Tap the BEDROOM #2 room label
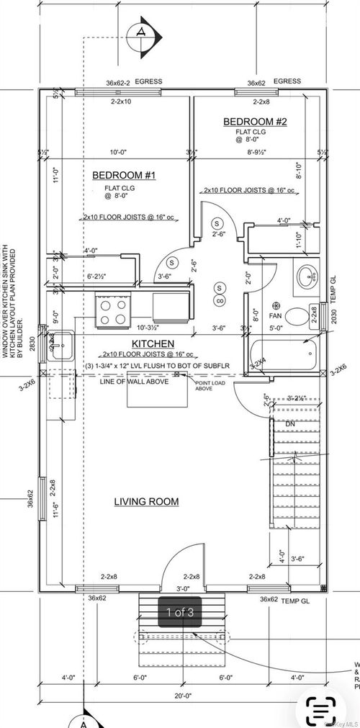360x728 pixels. [256, 122]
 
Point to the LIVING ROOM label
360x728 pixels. [146, 500]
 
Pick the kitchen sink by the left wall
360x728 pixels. [60, 346]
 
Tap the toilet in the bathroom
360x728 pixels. [297, 318]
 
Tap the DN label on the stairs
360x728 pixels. [290, 424]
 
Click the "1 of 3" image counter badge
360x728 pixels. [180, 612]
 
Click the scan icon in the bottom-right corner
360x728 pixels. [318, 709]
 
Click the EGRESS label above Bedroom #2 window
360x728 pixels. [288, 82]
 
